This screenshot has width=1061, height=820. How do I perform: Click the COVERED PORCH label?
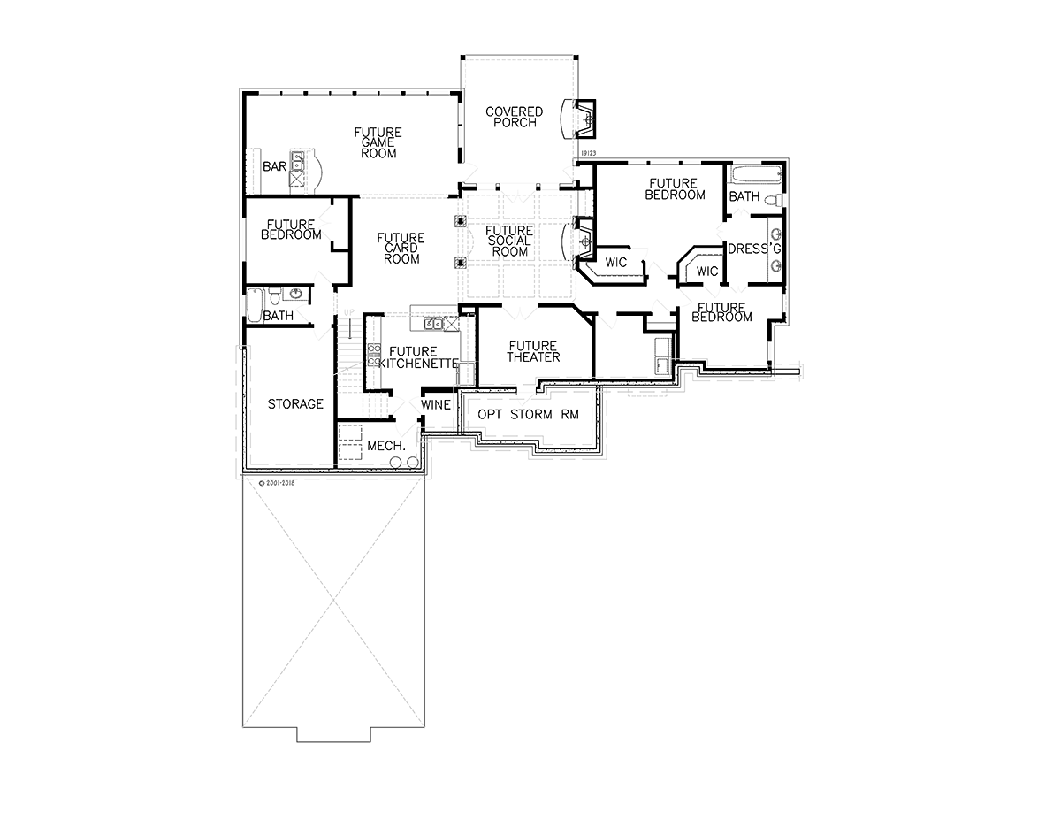515,118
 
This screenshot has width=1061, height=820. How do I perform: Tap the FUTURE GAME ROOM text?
378,142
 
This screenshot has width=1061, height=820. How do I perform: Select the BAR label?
274,166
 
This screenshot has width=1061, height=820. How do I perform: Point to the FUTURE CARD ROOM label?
401,248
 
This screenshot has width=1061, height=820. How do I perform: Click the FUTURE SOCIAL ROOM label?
510,241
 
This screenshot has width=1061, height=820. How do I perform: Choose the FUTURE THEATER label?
533,352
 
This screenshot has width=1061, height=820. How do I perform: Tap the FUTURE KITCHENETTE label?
418,357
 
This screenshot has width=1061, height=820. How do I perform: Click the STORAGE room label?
295,404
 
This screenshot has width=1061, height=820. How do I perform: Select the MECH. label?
386,446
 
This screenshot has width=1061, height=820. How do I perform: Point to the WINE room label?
436,405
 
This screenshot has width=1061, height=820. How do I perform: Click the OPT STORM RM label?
529,415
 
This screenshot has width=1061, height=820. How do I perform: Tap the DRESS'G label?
754,249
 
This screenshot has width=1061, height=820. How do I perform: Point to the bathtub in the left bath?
255,305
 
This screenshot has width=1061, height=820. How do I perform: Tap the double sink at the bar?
297,161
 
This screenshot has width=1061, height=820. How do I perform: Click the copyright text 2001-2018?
277,483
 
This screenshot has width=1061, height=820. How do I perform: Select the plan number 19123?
588,153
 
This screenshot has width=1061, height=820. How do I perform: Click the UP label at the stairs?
348,312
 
